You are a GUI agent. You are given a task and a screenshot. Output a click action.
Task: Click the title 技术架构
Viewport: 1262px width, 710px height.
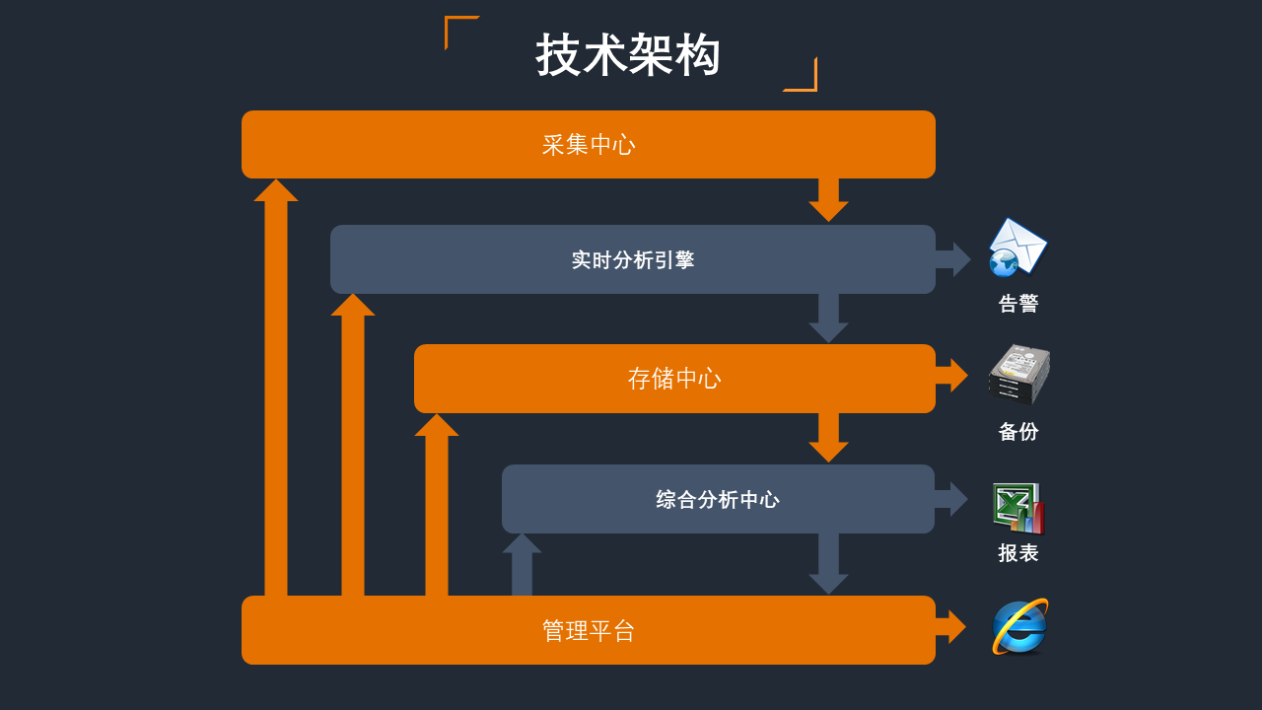tap(628, 55)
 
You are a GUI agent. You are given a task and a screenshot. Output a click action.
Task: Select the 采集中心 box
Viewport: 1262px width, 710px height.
tap(588, 145)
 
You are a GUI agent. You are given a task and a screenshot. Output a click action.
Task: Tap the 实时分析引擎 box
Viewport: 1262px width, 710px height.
tap(632, 259)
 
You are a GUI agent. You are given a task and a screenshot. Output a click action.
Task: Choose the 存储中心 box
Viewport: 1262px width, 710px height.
tap(674, 379)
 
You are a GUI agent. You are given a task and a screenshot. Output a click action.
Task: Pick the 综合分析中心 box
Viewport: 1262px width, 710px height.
tap(718, 499)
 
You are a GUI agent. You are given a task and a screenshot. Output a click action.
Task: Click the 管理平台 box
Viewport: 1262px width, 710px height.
tap(588, 630)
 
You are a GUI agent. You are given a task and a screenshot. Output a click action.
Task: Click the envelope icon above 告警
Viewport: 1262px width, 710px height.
tap(1017, 247)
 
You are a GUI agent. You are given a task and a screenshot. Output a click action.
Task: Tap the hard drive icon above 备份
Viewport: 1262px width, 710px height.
tap(1018, 375)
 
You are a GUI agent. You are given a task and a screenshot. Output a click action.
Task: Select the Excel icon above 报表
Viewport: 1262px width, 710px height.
tap(1018, 508)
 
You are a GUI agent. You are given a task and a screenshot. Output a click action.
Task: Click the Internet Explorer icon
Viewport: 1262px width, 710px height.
tap(1019, 627)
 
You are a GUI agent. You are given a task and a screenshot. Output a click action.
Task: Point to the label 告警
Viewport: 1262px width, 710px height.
tap(1018, 304)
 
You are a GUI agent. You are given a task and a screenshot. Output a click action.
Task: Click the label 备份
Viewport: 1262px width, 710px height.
tap(1018, 432)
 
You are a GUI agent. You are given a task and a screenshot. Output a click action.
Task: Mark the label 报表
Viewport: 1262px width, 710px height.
tap(1018, 553)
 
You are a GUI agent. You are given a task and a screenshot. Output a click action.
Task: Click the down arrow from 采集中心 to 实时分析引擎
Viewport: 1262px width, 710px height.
tap(828, 200)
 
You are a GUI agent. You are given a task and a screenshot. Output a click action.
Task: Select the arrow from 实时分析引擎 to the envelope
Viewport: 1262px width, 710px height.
tap(952, 259)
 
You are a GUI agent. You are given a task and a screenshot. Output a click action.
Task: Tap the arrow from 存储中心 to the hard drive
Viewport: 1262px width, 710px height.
tap(952, 376)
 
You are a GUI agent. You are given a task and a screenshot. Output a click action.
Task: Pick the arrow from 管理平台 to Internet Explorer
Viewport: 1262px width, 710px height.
tap(951, 626)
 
